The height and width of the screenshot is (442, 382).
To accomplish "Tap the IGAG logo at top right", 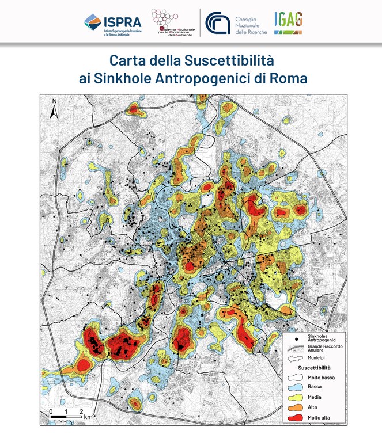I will pyautogui.click(x=288, y=22).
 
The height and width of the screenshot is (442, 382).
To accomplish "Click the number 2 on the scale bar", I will pyautogui.click(x=81, y=410).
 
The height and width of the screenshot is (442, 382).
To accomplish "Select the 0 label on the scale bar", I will pyautogui.click(x=51, y=410).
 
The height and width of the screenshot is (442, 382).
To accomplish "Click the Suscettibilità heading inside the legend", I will pyautogui.click(x=315, y=367).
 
